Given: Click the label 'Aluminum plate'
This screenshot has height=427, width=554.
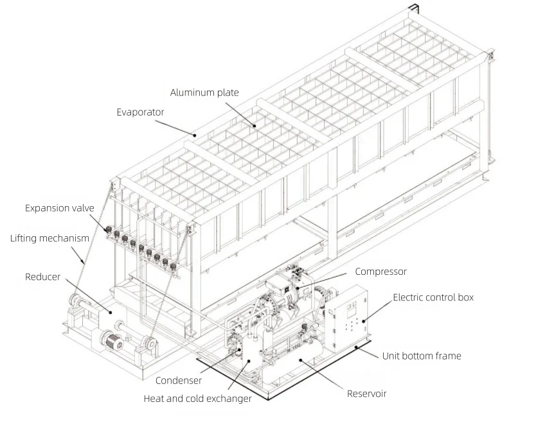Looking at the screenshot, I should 204,92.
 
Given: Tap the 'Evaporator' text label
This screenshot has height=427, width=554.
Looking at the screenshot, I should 140,112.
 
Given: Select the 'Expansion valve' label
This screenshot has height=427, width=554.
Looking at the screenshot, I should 60,208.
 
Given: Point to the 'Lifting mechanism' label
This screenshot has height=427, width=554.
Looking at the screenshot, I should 49,239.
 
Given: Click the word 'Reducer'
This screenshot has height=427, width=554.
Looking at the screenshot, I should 42,277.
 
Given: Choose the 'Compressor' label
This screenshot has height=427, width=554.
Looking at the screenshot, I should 380,272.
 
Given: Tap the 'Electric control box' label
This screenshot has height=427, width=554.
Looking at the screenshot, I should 433,297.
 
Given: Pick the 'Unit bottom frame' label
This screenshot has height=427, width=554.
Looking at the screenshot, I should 422,356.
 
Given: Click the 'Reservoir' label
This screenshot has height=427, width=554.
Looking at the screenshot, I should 367,394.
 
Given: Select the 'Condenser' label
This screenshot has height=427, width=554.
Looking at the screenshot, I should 178,381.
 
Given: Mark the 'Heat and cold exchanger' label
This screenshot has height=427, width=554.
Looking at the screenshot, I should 197,399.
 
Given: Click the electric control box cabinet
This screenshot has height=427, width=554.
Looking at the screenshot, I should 348,315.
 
